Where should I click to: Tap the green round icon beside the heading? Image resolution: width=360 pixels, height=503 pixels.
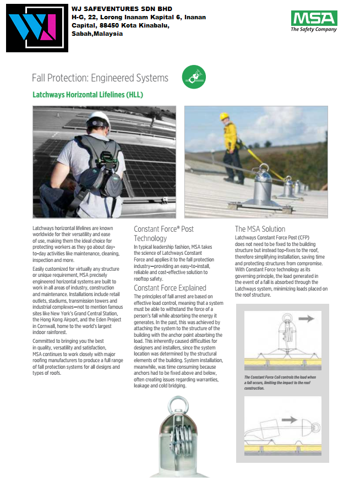pos(193,78)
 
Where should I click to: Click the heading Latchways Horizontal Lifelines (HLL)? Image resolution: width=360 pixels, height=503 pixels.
pos(88,95)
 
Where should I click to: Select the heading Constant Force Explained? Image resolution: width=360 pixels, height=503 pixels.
pos(170,288)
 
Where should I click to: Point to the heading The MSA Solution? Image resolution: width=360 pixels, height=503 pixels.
pos(260,228)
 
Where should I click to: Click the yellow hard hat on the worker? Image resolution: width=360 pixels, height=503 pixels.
pos(224,117)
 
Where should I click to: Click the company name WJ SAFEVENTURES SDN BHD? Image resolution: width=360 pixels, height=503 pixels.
pos(122,9)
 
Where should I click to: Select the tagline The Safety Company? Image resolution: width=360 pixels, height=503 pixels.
pos(314,30)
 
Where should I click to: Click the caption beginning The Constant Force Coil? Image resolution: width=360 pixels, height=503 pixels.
pos(281,382)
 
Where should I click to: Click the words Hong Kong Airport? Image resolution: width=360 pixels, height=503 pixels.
pos(67,319)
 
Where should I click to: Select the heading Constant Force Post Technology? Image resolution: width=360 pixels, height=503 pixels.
pos(163,233)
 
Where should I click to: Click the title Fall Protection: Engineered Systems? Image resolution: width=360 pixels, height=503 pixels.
pos(100,78)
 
